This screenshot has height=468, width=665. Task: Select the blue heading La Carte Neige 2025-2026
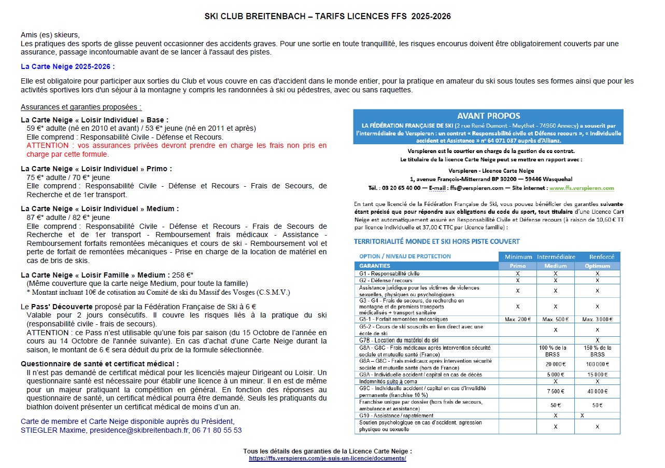point(67,66)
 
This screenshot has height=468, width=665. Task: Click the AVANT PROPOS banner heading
point(488,116)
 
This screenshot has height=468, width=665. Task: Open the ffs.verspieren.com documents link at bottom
point(327,459)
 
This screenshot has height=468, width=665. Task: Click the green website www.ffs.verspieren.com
point(582,188)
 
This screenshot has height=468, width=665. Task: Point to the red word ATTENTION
point(47,145)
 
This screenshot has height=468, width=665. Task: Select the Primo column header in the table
point(517,266)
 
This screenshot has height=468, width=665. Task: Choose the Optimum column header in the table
point(597,266)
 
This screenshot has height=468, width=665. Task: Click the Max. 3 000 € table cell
point(597,319)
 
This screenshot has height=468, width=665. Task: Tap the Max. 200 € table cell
point(517,319)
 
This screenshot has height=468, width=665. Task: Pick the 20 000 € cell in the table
point(555,364)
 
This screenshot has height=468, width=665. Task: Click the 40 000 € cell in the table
point(597,391)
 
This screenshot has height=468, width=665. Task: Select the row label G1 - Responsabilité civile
point(389,273)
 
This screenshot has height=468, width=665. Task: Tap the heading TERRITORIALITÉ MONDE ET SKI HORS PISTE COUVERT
point(436,241)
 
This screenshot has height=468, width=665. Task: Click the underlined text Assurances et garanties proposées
point(81,107)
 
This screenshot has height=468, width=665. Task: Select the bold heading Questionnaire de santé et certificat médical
point(100,364)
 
